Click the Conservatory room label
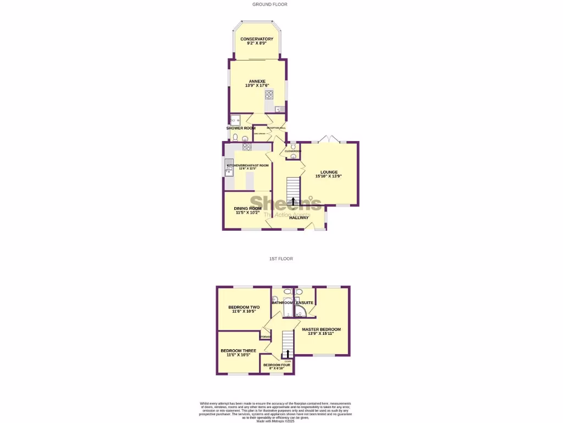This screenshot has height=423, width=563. (257, 39)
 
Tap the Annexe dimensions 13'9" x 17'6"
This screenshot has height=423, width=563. (257, 86)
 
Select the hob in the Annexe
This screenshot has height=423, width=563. (269, 95)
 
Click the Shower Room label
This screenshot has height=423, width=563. (241, 128)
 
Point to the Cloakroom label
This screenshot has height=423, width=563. (292, 151)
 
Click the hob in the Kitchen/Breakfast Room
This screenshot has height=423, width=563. (247, 147)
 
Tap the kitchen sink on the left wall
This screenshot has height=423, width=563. (229, 172)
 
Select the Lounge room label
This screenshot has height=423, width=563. (329, 172)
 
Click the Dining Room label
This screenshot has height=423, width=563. (247, 208)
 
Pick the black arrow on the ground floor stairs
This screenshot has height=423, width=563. (293, 202)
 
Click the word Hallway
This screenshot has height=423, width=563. (299, 218)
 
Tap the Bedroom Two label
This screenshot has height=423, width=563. (244, 307)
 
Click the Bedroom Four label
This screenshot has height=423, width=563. (277, 365)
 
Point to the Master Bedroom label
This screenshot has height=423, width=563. (321, 329)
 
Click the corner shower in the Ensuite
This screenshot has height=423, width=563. (302, 312)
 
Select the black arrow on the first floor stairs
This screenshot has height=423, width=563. (287, 354)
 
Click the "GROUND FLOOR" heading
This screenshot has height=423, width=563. (269, 4)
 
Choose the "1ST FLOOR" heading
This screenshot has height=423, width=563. (281, 258)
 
